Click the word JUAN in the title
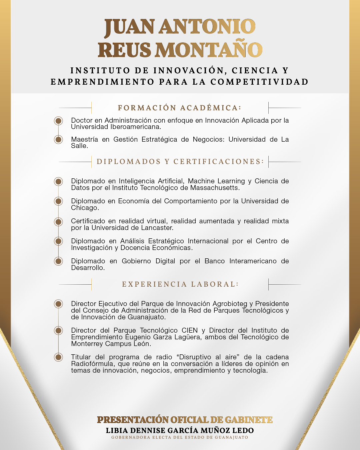pos(129,27)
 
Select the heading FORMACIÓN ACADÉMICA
pos(179,108)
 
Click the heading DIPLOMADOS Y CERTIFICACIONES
pos(180,162)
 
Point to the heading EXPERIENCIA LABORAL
pos(180,284)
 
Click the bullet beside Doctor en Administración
pos(59,121)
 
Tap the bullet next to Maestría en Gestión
pos(59,139)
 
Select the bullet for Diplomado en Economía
pos(59,201)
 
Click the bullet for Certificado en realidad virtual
pos(59,221)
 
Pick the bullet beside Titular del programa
pos(59,357)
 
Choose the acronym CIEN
pos(189,330)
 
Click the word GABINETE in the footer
pos(249,420)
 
